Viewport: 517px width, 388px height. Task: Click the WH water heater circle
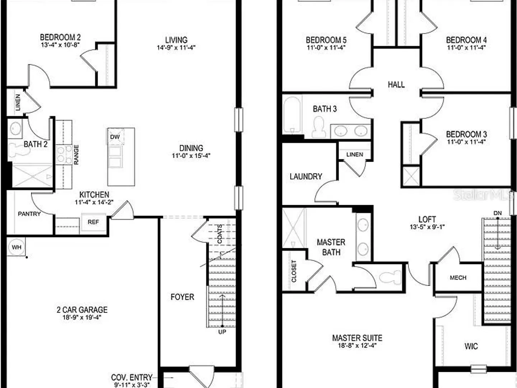(x=16, y=247)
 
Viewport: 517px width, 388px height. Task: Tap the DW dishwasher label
(x=115, y=137)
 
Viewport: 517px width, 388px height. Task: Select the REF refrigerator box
(x=93, y=222)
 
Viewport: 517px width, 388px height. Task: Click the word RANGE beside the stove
(x=76, y=155)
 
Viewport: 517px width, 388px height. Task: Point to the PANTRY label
(x=29, y=214)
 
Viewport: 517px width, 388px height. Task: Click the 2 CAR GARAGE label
(x=82, y=310)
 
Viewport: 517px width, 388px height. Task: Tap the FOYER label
(x=182, y=297)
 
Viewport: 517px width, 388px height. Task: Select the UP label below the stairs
(x=222, y=332)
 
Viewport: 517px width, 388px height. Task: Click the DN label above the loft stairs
(x=498, y=213)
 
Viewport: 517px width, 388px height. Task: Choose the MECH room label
(x=458, y=278)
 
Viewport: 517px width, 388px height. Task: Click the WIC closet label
(x=471, y=346)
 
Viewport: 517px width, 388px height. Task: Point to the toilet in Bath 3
(x=319, y=127)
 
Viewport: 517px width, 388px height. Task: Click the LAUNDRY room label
(x=306, y=176)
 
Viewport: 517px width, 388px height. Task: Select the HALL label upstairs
(x=396, y=84)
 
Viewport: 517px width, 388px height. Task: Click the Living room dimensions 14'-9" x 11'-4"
(x=176, y=47)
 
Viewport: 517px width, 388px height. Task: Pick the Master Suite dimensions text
(x=357, y=346)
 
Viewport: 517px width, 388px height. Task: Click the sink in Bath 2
(x=15, y=129)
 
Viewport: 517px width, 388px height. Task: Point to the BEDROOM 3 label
(x=466, y=134)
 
